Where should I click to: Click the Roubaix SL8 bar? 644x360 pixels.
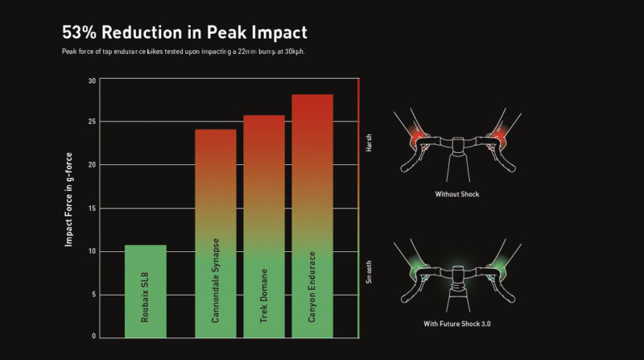[x=146, y=292]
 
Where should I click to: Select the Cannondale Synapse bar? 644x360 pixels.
[x=216, y=234]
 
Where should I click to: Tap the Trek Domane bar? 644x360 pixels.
[x=264, y=226]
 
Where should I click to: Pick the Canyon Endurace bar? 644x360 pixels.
[x=312, y=216]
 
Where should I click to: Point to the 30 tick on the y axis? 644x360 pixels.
[x=92, y=81]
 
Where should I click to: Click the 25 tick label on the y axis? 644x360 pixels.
[x=92, y=122]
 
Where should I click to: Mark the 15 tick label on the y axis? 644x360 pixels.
[x=92, y=209]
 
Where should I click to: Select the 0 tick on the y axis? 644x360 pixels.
[x=94, y=336]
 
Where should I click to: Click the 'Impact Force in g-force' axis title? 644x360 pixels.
[x=68, y=200]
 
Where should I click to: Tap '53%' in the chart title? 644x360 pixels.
[x=78, y=32]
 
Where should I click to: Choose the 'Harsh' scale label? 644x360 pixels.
[x=369, y=143]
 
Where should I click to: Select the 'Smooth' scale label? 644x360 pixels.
[x=369, y=272]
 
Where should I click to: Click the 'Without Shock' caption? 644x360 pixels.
[x=457, y=194]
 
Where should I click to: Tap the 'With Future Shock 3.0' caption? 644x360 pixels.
[x=457, y=324]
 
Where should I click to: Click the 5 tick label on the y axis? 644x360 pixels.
[x=94, y=295]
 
